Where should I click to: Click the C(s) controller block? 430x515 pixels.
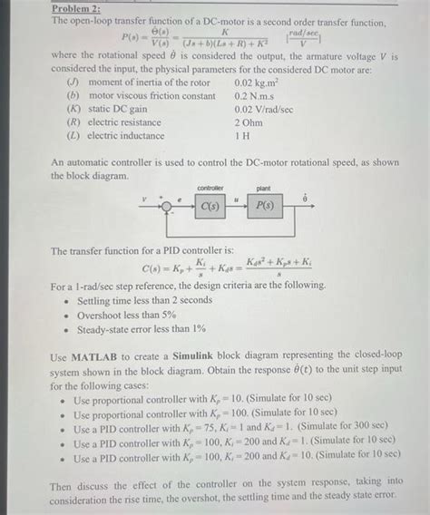coord(210,205)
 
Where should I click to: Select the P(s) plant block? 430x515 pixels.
coord(264,205)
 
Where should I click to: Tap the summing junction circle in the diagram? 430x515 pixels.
coord(167,205)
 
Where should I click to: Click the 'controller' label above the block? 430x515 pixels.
coord(210,187)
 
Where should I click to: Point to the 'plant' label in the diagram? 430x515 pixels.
coord(263,187)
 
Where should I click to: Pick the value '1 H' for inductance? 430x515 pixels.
coord(242,135)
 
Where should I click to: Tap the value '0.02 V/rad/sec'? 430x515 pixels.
coord(264,109)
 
